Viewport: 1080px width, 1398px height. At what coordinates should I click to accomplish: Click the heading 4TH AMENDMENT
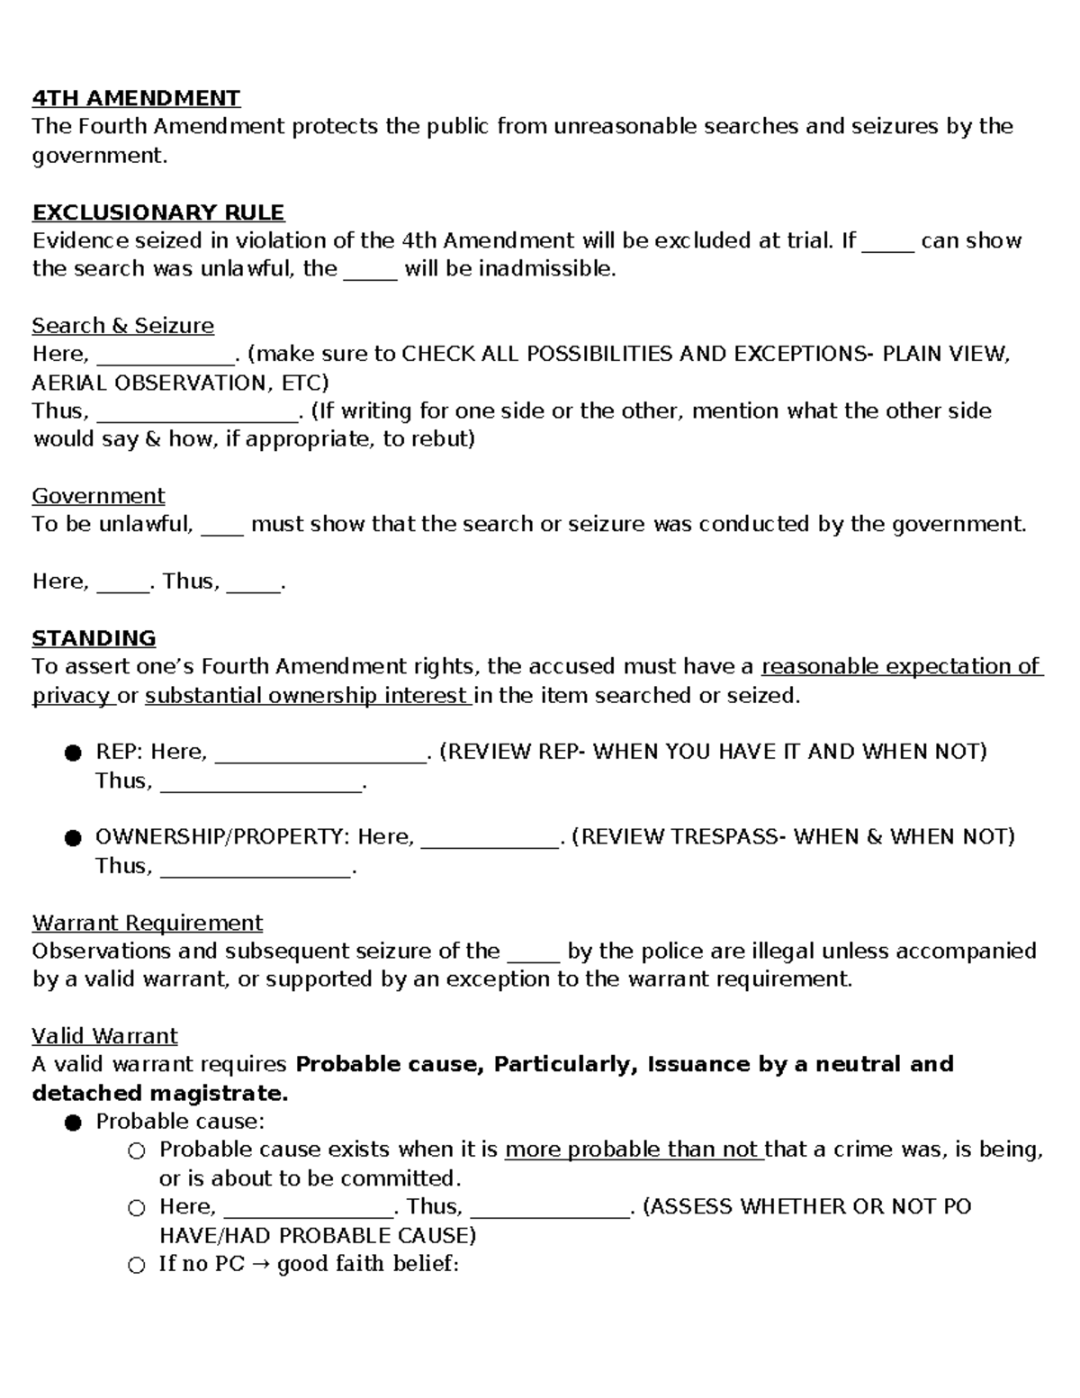tap(136, 98)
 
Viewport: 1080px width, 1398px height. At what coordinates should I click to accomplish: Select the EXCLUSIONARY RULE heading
tap(157, 212)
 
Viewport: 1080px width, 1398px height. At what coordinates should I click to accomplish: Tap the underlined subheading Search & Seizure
tap(122, 326)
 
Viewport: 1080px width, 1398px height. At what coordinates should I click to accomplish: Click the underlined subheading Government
tap(98, 496)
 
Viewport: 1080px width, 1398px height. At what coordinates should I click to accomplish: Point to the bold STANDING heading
tap(94, 638)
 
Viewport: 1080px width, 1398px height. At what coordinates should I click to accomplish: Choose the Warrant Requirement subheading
tap(147, 923)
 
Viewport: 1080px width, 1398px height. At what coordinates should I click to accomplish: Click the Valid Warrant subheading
tap(104, 1036)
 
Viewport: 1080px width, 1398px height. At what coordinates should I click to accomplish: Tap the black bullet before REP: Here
tap(73, 753)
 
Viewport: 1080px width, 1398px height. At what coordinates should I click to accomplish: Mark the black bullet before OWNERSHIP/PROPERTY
tap(73, 838)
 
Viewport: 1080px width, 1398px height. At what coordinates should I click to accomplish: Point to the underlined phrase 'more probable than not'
tap(634, 1150)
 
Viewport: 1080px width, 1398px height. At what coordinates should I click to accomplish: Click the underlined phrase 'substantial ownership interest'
tap(307, 696)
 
